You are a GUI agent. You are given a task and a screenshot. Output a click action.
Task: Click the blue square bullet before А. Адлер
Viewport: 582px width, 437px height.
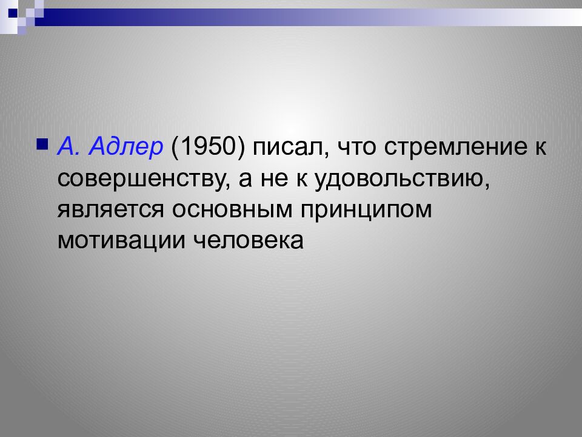click(x=42, y=145)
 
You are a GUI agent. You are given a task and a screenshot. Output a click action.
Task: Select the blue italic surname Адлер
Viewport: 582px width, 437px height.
click(x=126, y=147)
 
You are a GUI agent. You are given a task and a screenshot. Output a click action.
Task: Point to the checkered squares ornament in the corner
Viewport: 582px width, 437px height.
click(x=21, y=15)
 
